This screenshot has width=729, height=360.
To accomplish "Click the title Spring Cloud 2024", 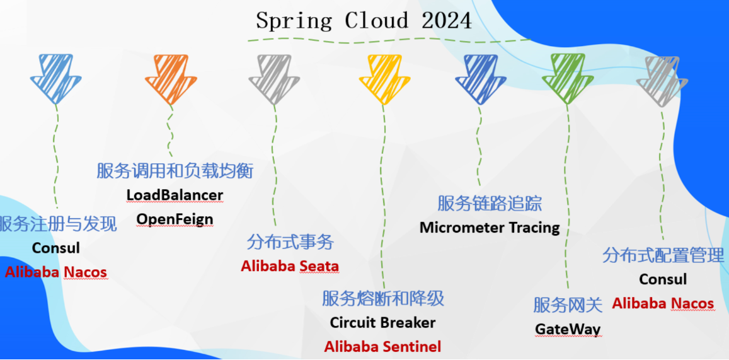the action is [x=364, y=20].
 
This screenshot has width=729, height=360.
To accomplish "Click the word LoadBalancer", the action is [x=175, y=195].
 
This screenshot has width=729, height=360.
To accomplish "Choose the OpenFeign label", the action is [x=175, y=219].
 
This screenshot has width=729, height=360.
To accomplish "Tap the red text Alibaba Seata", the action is [x=290, y=266].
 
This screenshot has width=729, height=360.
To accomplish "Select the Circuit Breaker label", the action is [x=382, y=322].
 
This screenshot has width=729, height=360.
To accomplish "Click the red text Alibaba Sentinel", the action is [x=382, y=346].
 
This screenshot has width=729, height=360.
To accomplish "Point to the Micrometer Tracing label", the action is [x=490, y=228].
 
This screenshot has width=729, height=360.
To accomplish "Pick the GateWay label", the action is [x=568, y=329].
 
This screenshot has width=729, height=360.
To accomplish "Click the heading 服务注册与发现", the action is [x=58, y=224].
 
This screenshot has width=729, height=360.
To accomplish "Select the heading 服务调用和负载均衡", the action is [x=175, y=170].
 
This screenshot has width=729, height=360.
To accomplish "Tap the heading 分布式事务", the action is [x=290, y=242].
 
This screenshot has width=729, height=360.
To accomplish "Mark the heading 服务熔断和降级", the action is [x=382, y=298].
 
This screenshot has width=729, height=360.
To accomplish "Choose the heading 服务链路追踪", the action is [x=490, y=203].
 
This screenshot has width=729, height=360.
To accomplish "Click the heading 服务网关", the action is [x=568, y=305].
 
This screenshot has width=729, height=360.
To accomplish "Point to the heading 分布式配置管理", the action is [x=663, y=255].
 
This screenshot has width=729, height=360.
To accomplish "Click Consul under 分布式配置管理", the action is [x=663, y=279].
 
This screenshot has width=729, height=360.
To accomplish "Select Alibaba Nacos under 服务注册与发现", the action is [x=56, y=272].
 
